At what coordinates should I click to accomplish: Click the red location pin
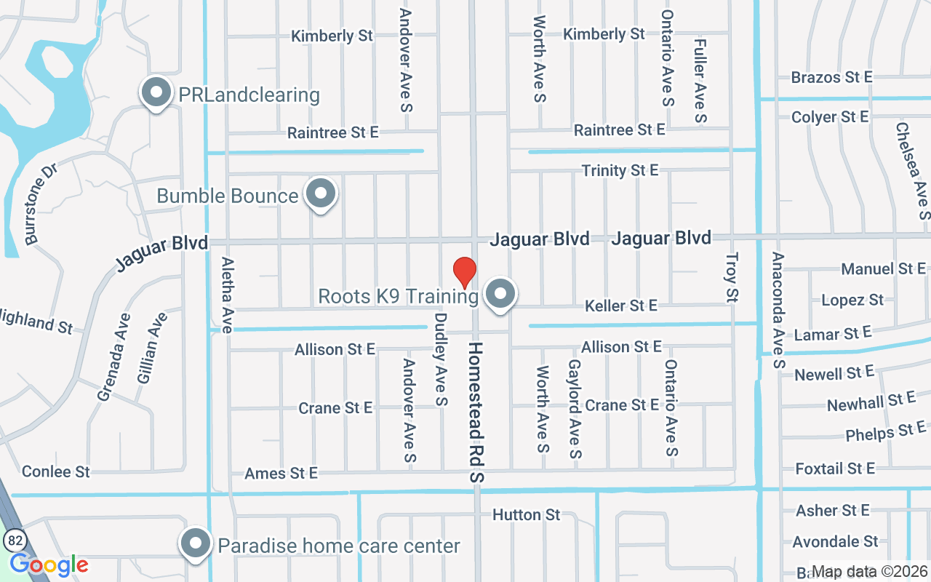465,272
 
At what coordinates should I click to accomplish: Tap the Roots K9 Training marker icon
500,295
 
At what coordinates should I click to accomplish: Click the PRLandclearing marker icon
155,93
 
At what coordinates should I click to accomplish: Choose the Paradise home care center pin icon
195,544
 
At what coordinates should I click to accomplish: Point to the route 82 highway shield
13,540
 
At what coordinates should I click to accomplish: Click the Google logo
49,565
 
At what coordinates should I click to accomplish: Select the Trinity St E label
620,170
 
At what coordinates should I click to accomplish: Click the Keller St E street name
621,306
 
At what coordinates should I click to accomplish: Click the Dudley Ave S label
441,359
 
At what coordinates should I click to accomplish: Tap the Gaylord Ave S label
575,409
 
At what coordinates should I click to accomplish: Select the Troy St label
732,277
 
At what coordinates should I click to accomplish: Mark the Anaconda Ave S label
778,310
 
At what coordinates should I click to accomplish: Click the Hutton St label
527,515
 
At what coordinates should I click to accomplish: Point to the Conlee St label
56,471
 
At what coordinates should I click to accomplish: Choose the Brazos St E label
831,77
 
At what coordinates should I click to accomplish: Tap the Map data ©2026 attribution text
870,571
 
